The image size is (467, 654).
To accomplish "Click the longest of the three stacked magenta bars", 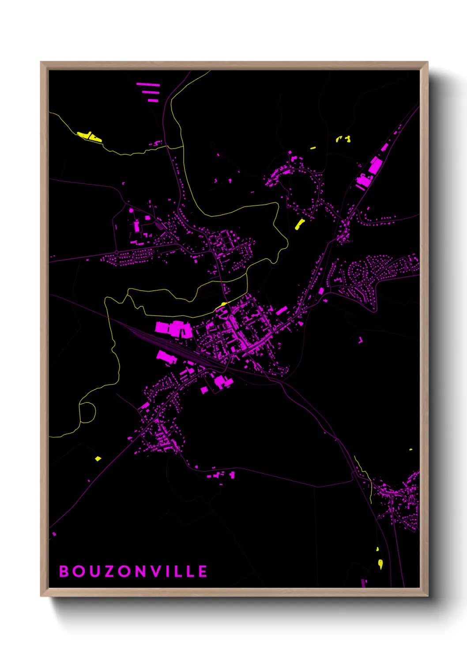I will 148,84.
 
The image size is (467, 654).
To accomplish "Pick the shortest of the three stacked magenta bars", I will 153,100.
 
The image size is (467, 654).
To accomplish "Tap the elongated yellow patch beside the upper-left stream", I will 90,137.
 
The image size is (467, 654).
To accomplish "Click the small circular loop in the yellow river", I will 87,411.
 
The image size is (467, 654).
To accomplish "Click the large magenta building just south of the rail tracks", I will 166,357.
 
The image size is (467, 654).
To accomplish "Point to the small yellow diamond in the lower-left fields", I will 98,459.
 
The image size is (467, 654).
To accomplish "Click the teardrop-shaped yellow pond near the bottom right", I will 380,563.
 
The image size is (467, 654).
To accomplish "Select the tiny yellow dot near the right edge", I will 411,450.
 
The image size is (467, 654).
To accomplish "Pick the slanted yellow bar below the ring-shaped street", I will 300,224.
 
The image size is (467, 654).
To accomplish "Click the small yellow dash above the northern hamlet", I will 313,148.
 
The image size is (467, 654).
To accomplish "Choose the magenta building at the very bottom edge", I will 364,583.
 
